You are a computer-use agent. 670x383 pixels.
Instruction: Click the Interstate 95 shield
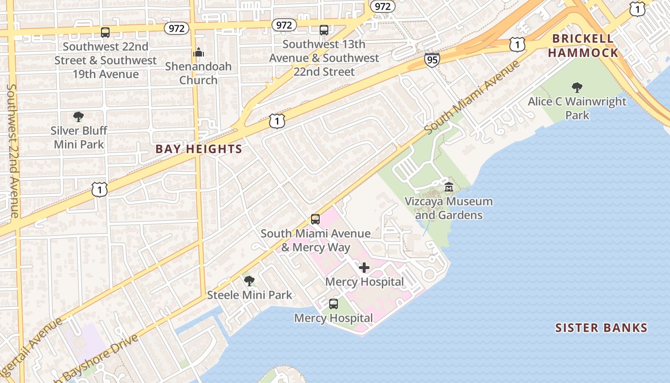[x=431, y=60]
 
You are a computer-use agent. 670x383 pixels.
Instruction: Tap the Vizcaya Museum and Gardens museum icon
[x=448, y=187]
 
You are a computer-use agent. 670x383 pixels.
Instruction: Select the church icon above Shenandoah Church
[x=198, y=52]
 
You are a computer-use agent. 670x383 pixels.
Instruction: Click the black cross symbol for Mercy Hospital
[x=364, y=268]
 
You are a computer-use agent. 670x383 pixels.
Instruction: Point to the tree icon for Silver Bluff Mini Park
[x=78, y=116]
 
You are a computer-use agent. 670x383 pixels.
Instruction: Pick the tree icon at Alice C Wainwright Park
[x=577, y=87]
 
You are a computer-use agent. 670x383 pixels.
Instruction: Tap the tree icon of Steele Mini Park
[x=249, y=281]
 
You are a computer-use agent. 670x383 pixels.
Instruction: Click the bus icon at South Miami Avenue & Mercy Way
[x=315, y=219]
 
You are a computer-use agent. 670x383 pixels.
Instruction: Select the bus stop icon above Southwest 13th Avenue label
[x=324, y=30]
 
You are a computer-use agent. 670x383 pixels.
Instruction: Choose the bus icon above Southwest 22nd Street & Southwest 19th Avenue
[x=105, y=33]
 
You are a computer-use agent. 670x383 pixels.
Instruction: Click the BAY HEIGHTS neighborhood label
[x=199, y=149]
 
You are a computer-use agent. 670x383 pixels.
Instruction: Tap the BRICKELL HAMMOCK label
[x=583, y=45]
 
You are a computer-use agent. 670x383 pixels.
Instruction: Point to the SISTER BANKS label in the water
[x=601, y=328]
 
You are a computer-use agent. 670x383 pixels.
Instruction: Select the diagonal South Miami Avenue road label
[x=471, y=97]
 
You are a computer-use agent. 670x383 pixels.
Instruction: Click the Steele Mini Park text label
[x=249, y=295]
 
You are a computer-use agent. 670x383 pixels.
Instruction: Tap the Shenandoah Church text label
[x=198, y=73]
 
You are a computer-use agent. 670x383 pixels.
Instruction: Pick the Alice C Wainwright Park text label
[x=577, y=108]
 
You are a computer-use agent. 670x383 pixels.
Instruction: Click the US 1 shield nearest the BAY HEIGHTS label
[x=277, y=121]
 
